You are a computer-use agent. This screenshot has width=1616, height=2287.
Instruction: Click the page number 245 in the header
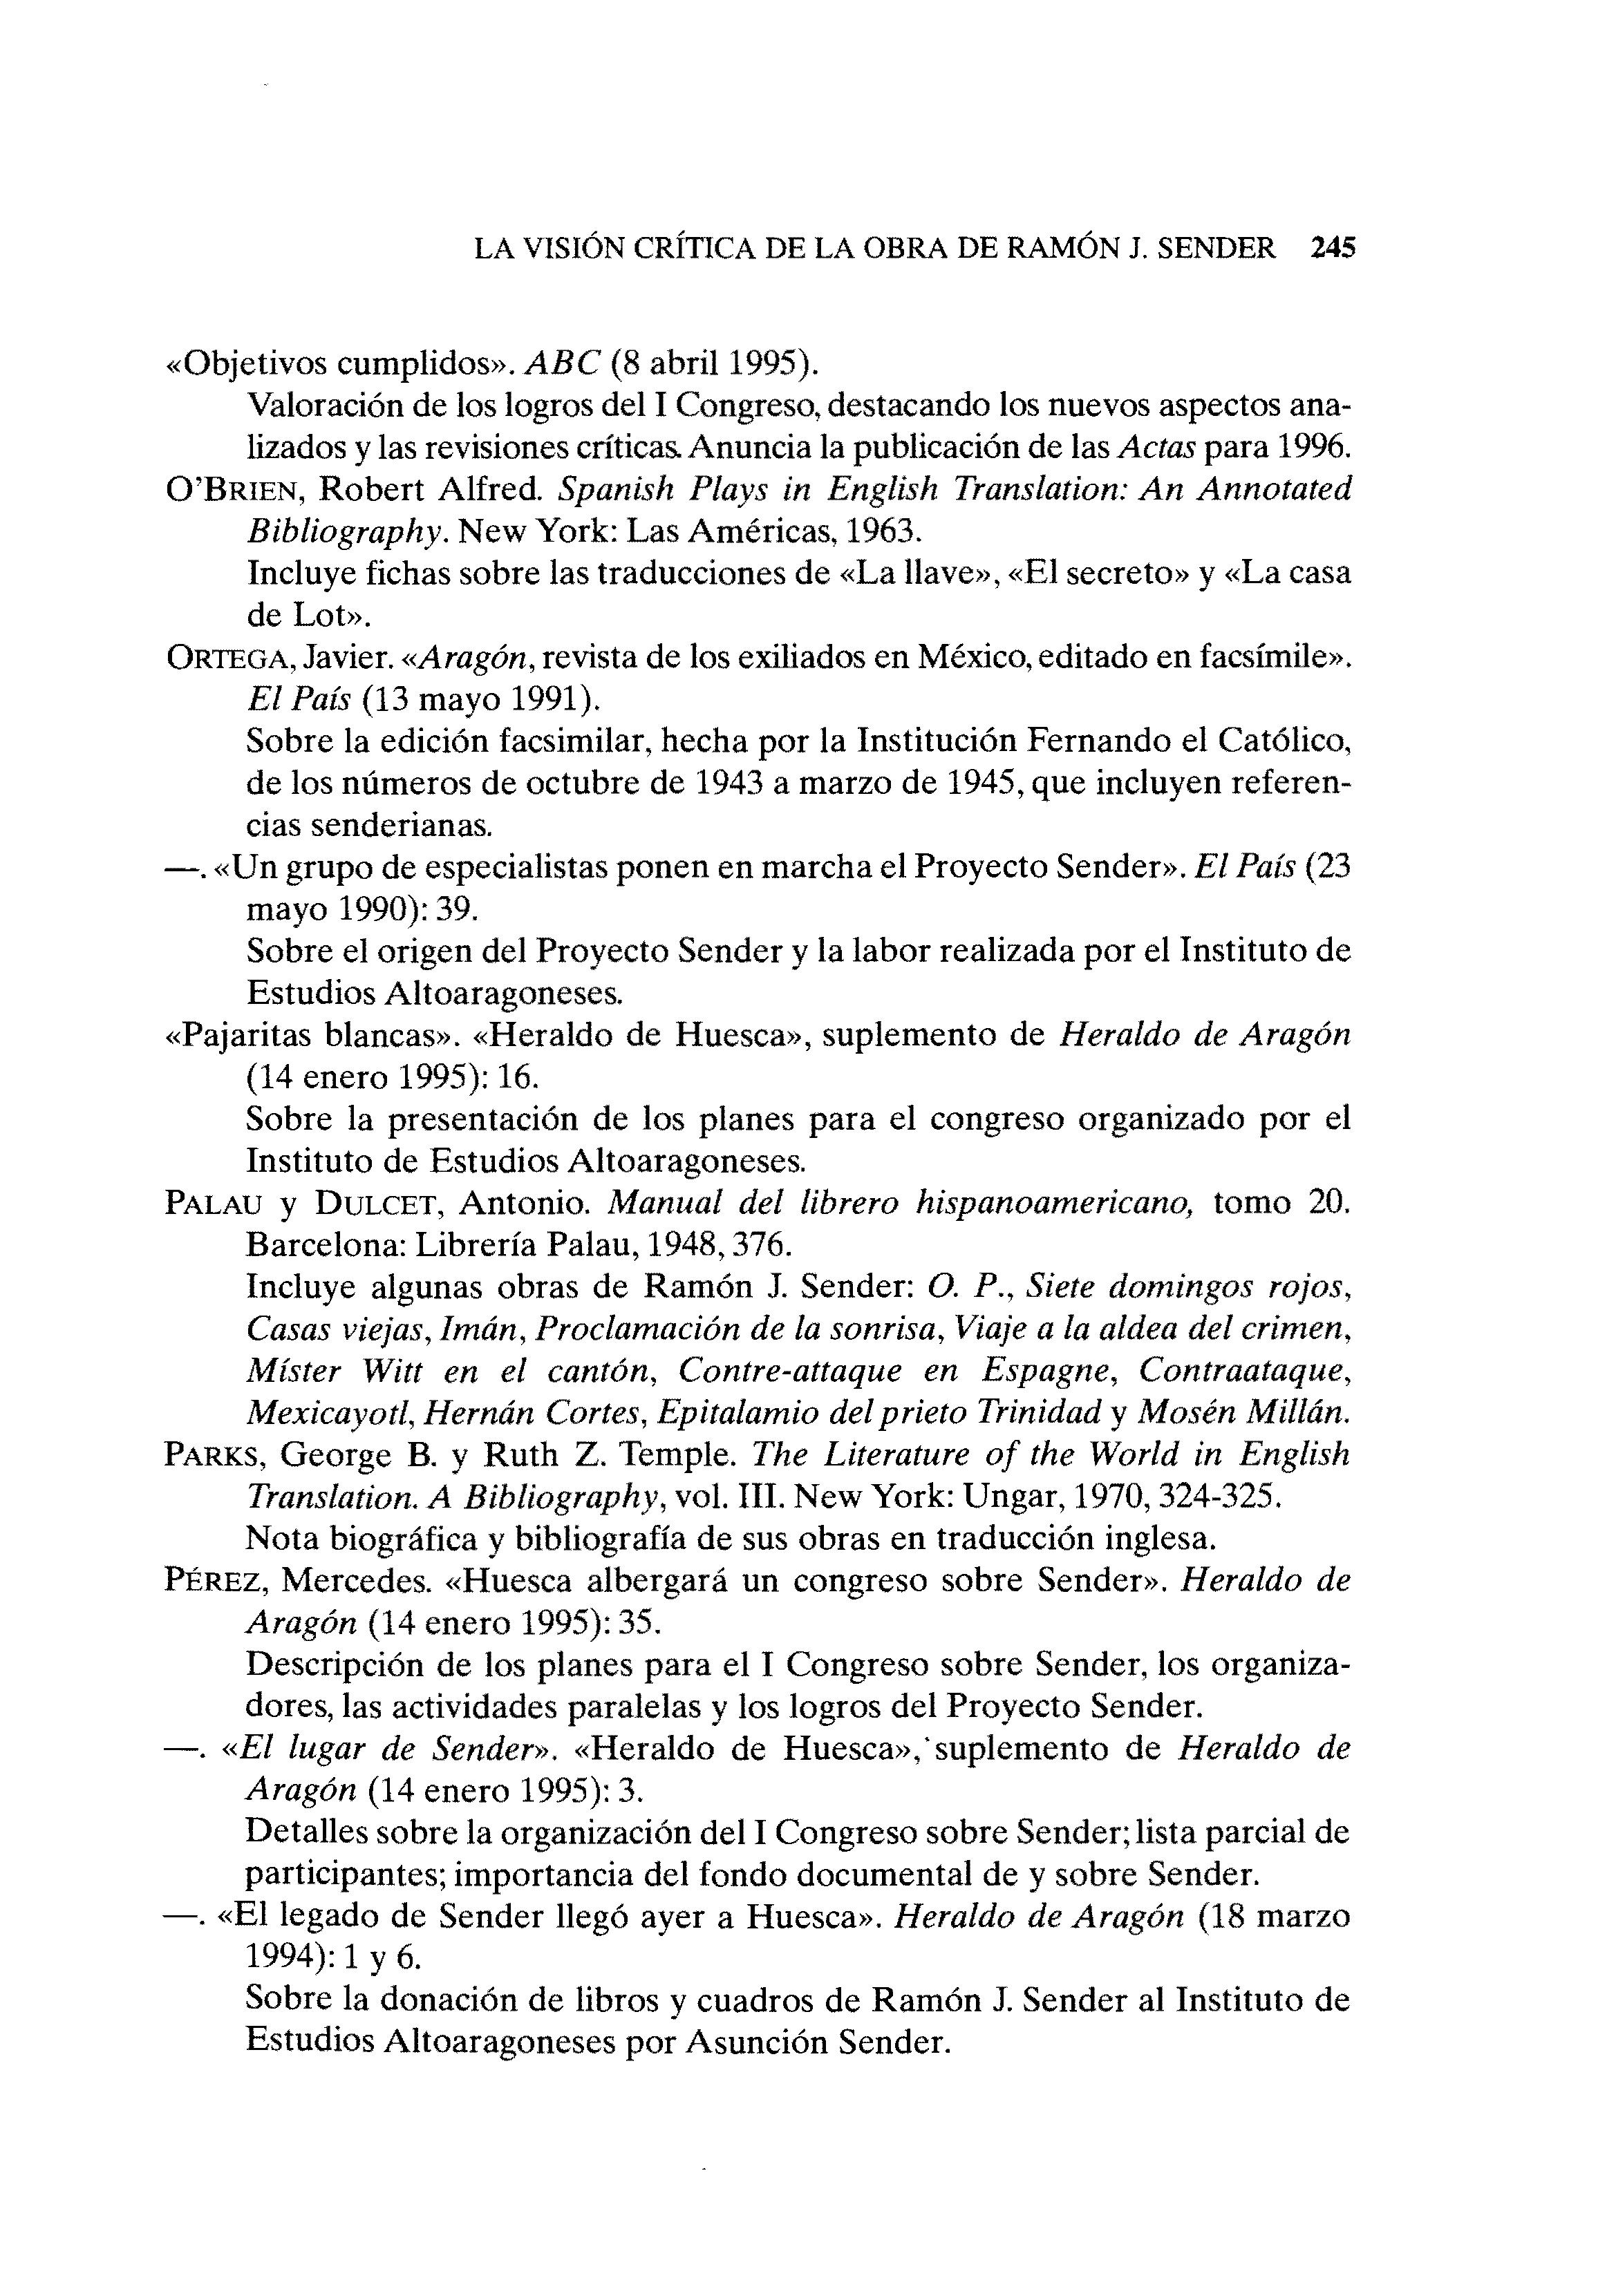pos(1333,248)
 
